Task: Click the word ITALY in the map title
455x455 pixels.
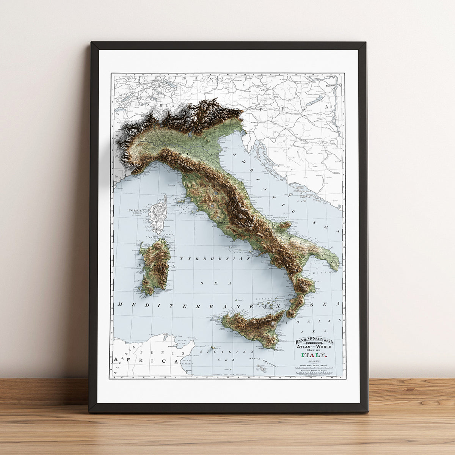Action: [x=313, y=355]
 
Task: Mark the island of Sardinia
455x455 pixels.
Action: [x=154, y=265]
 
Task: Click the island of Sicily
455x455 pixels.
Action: [x=258, y=326]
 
